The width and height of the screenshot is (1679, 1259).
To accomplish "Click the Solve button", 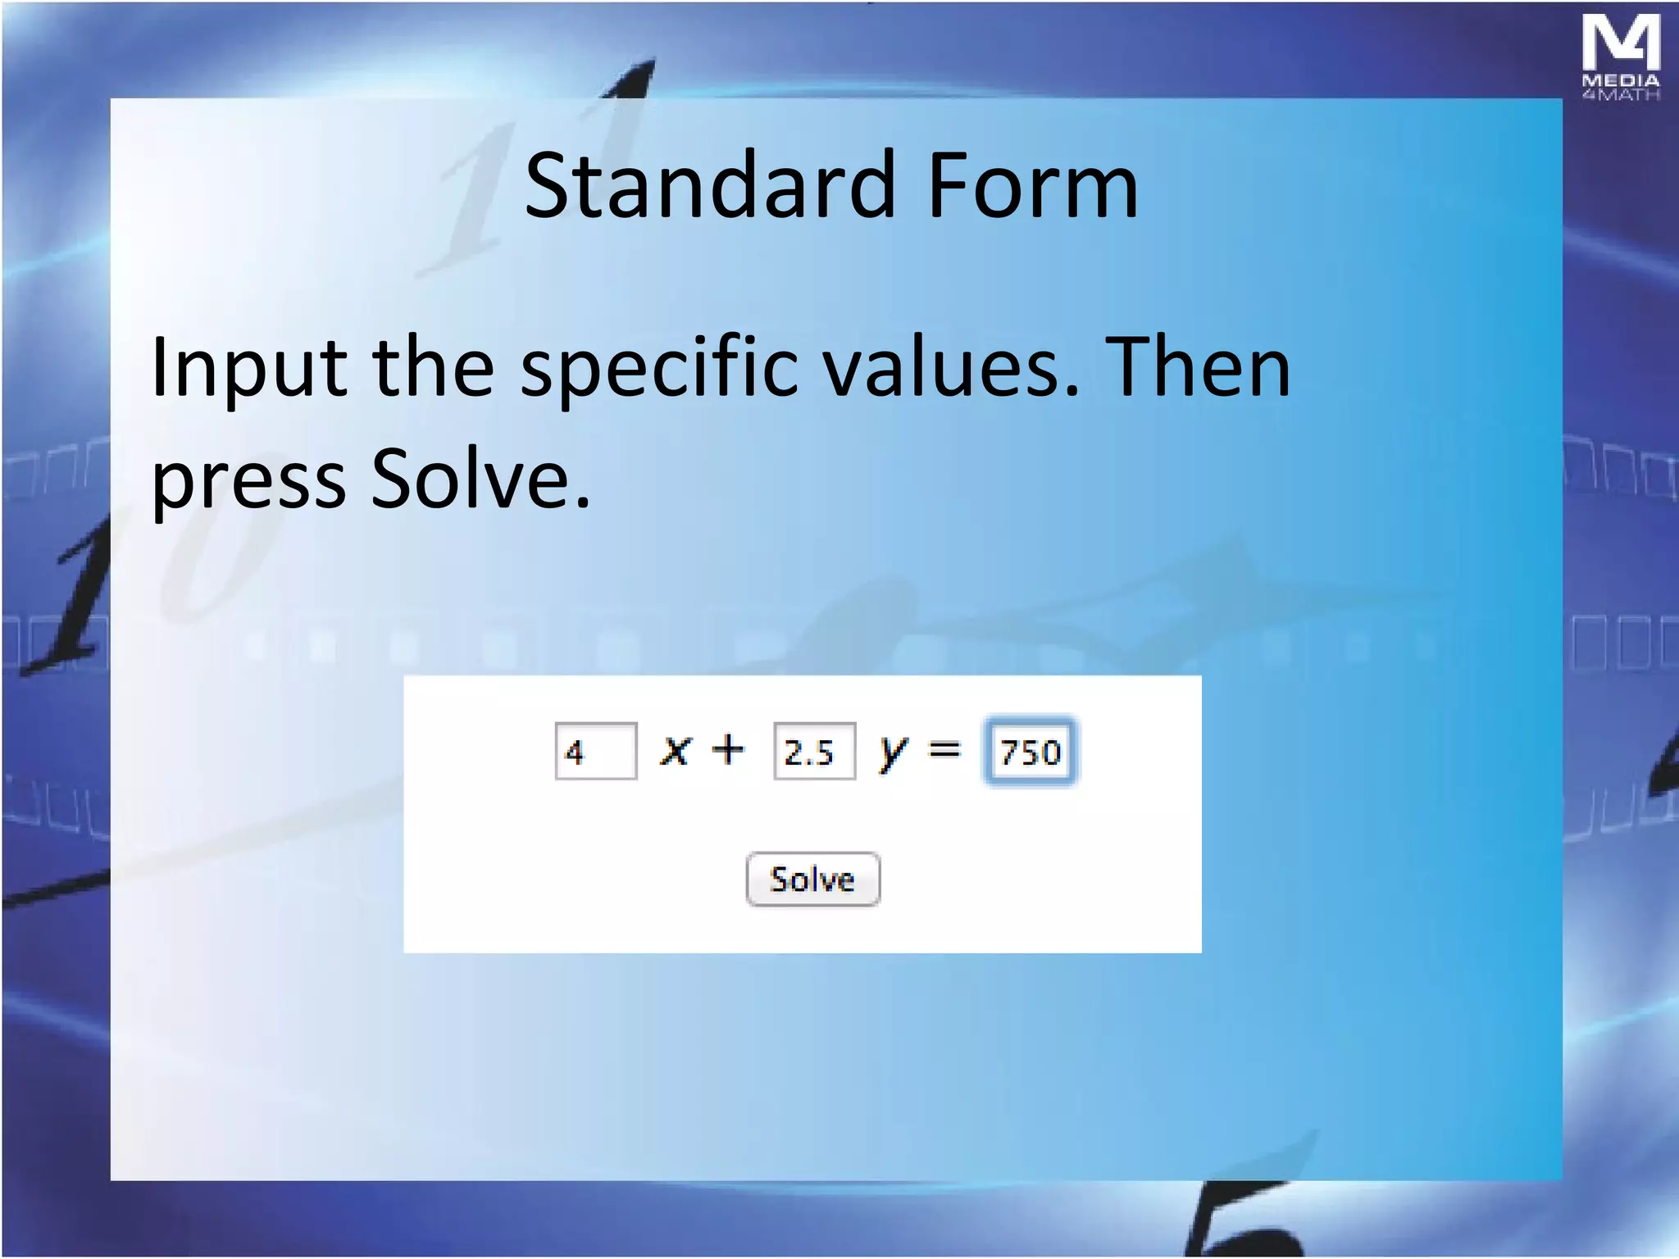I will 812,879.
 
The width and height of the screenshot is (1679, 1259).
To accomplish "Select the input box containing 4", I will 596,751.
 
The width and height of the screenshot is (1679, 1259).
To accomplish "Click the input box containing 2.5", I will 814,751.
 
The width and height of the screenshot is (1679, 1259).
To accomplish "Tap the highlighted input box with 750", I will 1031,751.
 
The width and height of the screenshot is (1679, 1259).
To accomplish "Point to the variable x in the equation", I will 676,750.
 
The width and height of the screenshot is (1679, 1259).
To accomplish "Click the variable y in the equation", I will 893,751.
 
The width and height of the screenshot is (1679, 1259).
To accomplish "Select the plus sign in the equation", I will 727,749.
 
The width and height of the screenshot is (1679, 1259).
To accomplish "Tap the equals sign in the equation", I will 944,749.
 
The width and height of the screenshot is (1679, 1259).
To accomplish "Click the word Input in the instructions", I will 248,369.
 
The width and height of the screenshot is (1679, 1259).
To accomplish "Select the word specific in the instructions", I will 659,369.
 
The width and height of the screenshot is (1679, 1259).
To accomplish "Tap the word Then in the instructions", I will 1198,369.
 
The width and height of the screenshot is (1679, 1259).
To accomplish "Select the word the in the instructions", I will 434,369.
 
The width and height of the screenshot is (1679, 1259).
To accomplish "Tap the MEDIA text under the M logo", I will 1621,80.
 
